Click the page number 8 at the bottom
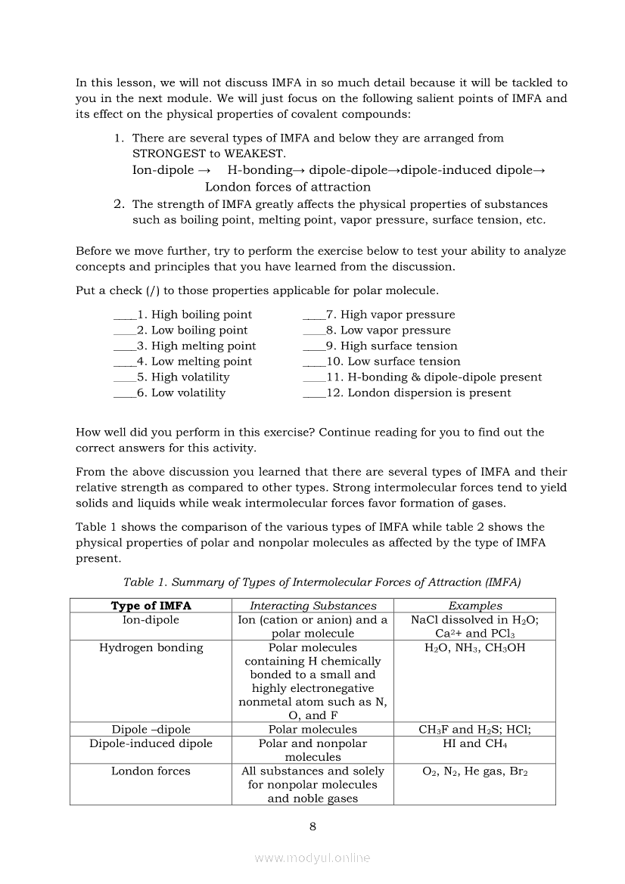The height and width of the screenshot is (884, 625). (x=312, y=826)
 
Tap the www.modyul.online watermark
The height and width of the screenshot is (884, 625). (x=312, y=858)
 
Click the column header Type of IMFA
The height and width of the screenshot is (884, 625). (x=151, y=606)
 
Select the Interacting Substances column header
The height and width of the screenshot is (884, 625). (x=312, y=606)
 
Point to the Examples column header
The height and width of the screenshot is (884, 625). (x=475, y=606)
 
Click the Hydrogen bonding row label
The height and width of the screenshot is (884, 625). (x=151, y=647)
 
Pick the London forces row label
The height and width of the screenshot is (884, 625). (x=151, y=771)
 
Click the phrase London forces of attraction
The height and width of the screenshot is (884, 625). (x=288, y=187)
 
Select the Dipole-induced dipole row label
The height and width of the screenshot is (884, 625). (x=151, y=743)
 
